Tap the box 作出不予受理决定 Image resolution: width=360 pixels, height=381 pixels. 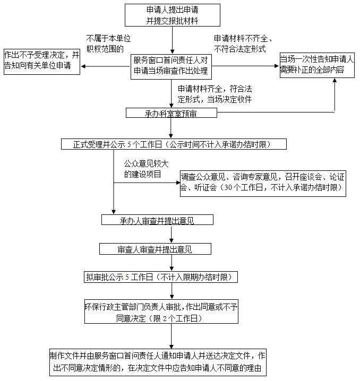click(x=41, y=61)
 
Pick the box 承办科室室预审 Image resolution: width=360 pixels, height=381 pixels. click(x=172, y=113)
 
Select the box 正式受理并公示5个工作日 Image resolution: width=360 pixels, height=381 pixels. click(x=174, y=144)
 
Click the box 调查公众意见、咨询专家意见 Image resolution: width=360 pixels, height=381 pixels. click(x=262, y=182)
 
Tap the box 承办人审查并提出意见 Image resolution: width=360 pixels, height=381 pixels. click(x=158, y=220)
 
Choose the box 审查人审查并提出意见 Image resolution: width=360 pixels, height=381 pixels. click(x=155, y=249)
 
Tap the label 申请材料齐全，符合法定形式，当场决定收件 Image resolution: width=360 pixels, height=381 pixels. click(x=215, y=94)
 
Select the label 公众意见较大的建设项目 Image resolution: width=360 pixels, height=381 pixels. click(x=142, y=169)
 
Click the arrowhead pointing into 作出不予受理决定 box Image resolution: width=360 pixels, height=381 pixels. click(x=83, y=66)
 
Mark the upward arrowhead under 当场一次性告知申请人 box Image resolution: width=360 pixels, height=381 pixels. click(x=335, y=82)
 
